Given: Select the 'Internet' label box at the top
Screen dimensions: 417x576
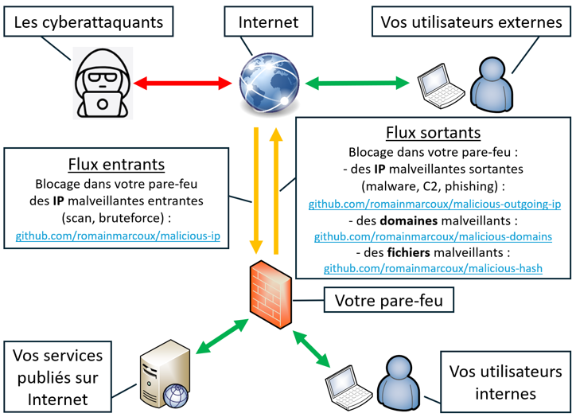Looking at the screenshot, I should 269,21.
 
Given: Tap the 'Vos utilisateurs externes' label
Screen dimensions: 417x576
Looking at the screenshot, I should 471,21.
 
